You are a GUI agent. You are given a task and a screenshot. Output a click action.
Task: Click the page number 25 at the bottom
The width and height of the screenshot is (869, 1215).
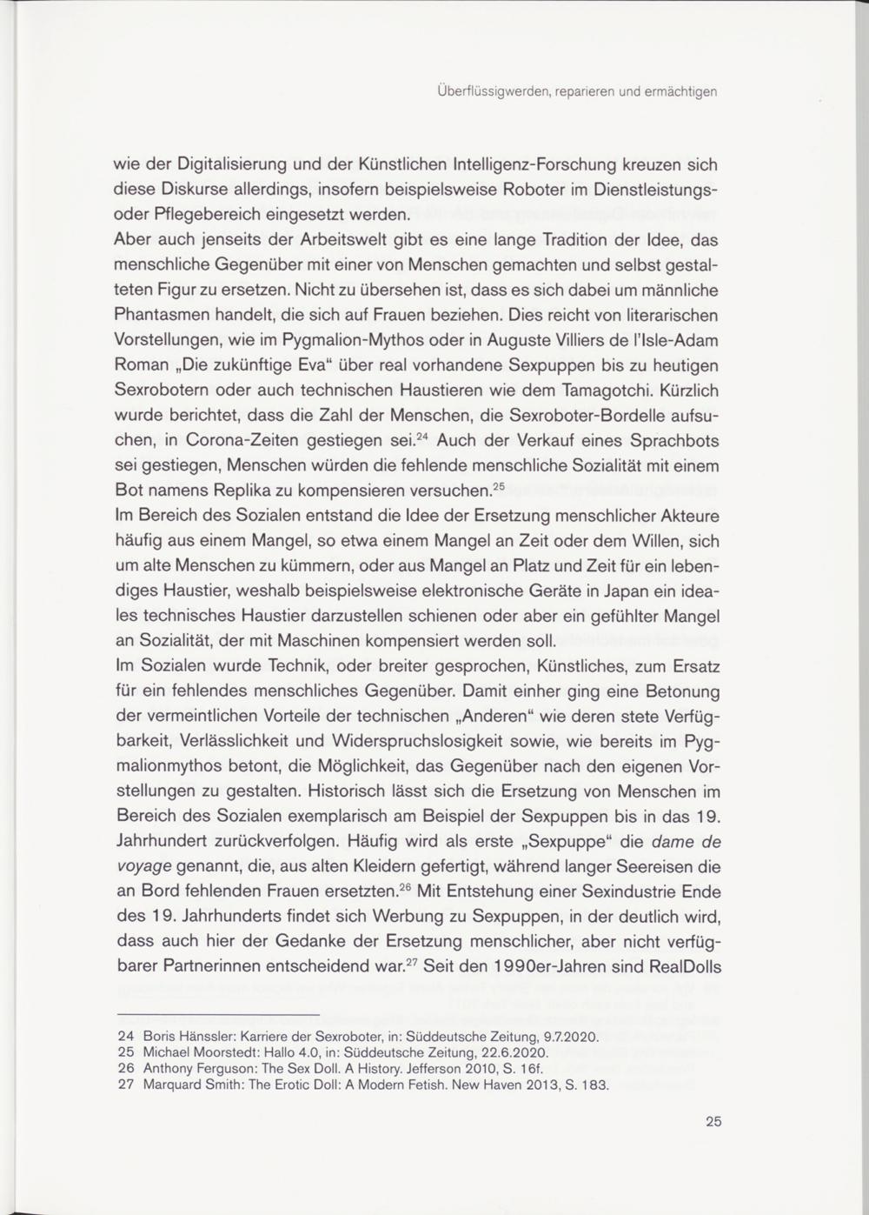pos(713,1121)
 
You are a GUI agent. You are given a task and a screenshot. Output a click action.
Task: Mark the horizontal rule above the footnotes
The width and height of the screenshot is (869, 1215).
pos(218,1015)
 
